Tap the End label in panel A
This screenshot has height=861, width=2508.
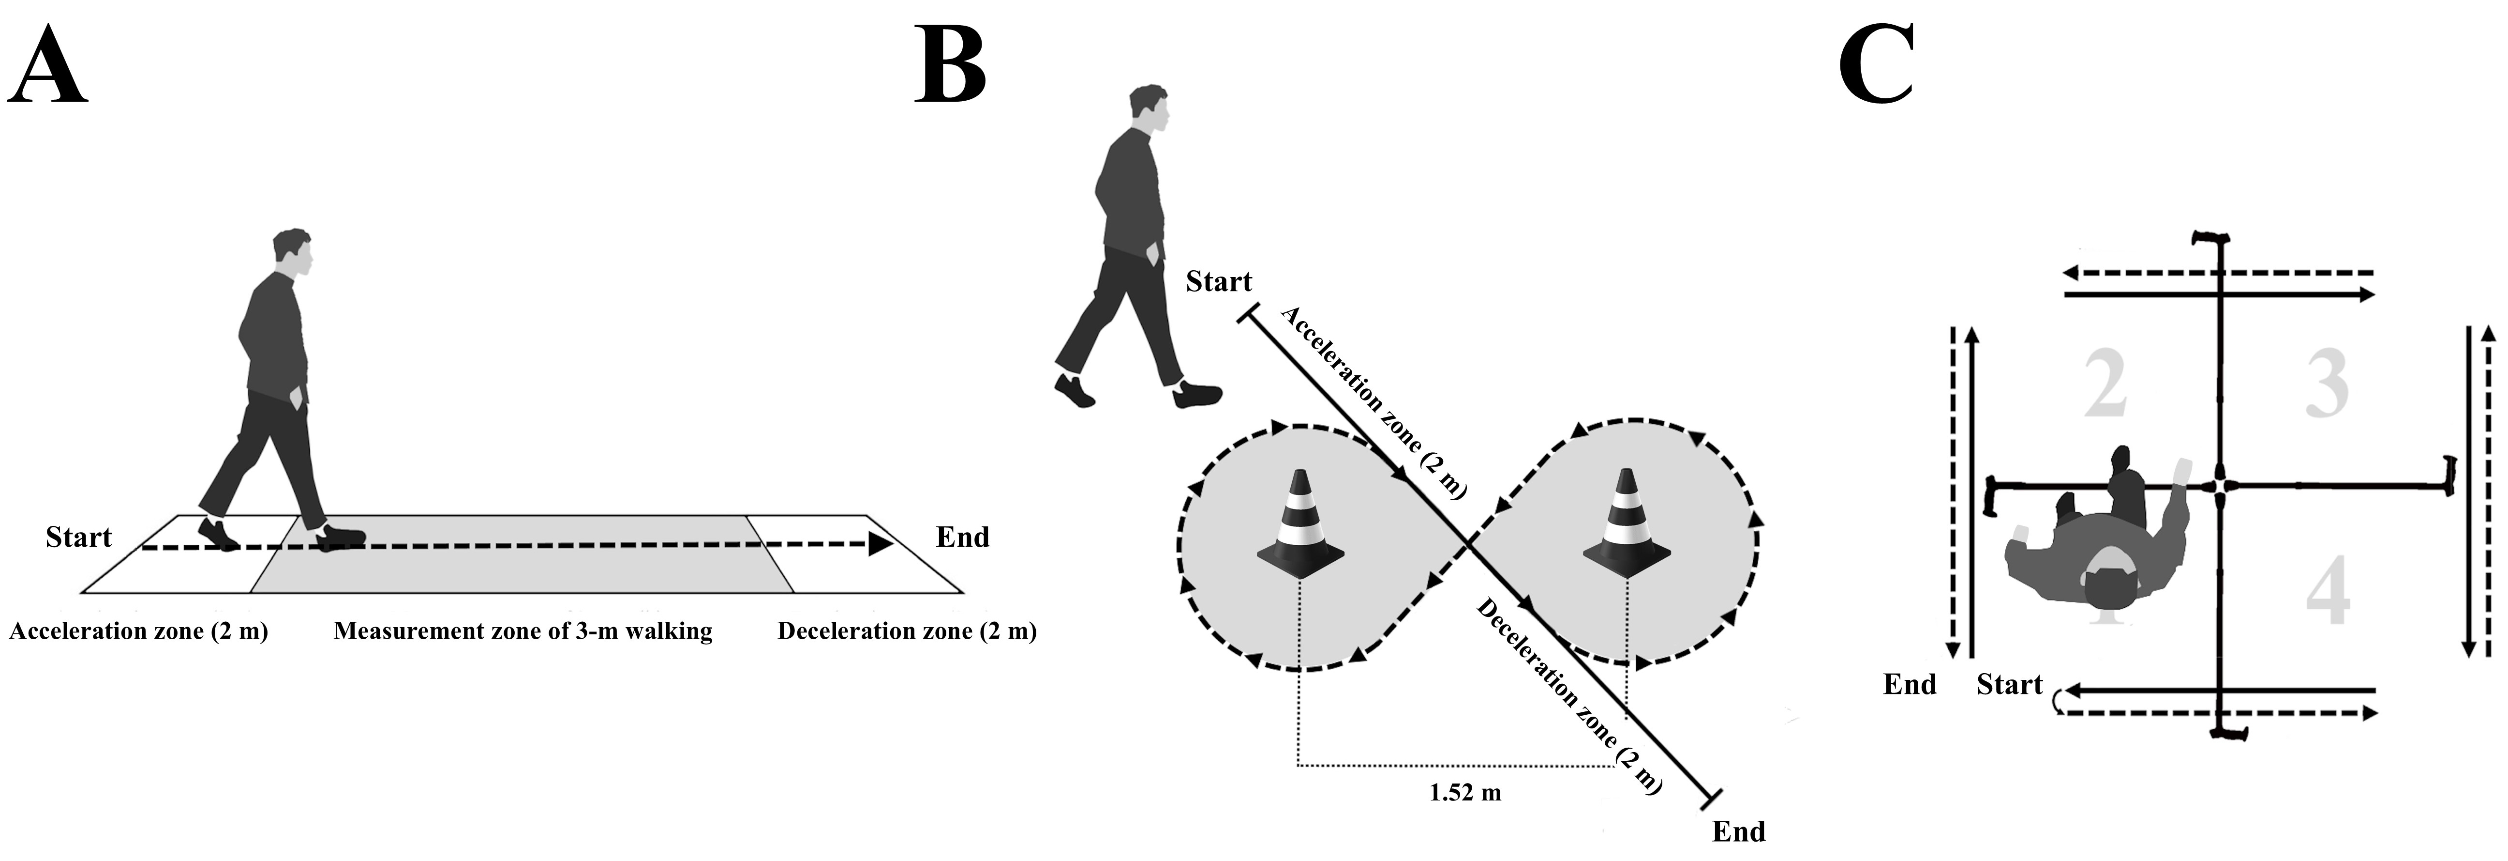[962, 538]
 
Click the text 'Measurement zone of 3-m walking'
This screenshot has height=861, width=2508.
[523, 631]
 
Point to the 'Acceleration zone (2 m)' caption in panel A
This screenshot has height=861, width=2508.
[138, 631]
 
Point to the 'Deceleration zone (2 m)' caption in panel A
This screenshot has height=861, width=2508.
[907, 631]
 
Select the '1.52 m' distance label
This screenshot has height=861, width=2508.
[1464, 793]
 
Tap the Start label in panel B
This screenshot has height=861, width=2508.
[1218, 282]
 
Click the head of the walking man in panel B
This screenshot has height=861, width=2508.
[1149, 109]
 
